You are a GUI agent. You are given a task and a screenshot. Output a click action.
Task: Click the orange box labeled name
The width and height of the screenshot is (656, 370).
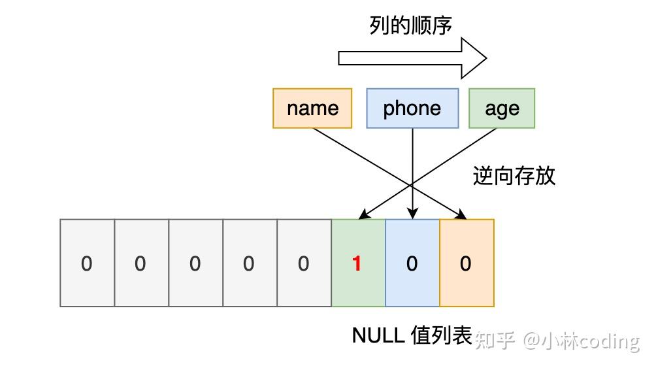pyautogui.click(x=312, y=109)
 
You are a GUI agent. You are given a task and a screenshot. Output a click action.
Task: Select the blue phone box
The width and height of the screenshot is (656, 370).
pyautogui.click(x=412, y=109)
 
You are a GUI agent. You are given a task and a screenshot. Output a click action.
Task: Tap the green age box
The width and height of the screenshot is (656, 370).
pyautogui.click(x=502, y=109)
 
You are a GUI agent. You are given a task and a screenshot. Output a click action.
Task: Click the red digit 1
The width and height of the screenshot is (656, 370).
pyautogui.click(x=357, y=263)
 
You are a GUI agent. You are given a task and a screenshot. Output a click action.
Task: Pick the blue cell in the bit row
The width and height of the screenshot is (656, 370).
pyautogui.click(x=412, y=263)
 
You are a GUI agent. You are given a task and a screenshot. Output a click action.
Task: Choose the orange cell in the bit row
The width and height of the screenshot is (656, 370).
pyautogui.click(x=467, y=263)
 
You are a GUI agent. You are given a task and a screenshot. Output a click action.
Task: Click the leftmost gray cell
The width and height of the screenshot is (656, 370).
pyautogui.click(x=87, y=263)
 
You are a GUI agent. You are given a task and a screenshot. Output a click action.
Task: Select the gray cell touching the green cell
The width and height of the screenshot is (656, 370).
pyautogui.click(x=304, y=263)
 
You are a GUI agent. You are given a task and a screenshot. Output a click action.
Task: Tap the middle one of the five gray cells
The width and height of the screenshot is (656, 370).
pyautogui.click(x=196, y=263)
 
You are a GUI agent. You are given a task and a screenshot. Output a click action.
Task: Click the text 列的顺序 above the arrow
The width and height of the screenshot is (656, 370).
pyautogui.click(x=410, y=25)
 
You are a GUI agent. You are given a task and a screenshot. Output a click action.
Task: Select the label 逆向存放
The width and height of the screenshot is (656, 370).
pyautogui.click(x=514, y=176)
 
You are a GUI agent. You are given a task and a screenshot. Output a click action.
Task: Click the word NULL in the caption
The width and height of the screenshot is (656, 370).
pyautogui.click(x=378, y=335)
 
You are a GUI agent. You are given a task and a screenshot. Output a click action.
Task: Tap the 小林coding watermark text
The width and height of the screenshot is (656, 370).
pyautogui.click(x=590, y=341)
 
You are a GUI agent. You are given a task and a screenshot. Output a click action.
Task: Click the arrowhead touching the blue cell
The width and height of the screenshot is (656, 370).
pyautogui.click(x=412, y=214)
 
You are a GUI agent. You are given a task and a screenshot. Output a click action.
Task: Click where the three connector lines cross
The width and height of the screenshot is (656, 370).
pyautogui.click(x=412, y=184)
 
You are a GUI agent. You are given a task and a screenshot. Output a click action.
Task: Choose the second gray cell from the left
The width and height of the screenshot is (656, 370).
pyautogui.click(x=141, y=263)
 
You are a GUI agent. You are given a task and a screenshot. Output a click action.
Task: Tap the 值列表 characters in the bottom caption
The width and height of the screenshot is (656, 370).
pyautogui.click(x=442, y=335)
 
